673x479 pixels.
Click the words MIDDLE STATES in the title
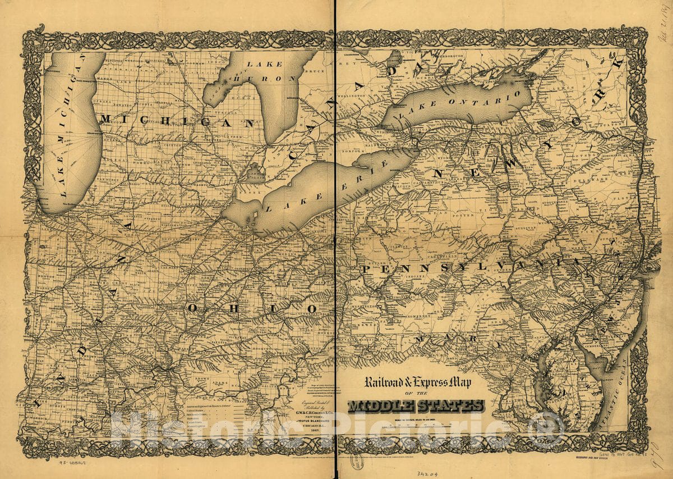tap(416, 406)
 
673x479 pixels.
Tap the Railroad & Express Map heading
tap(418, 384)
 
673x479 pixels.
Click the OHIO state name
tap(252, 308)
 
